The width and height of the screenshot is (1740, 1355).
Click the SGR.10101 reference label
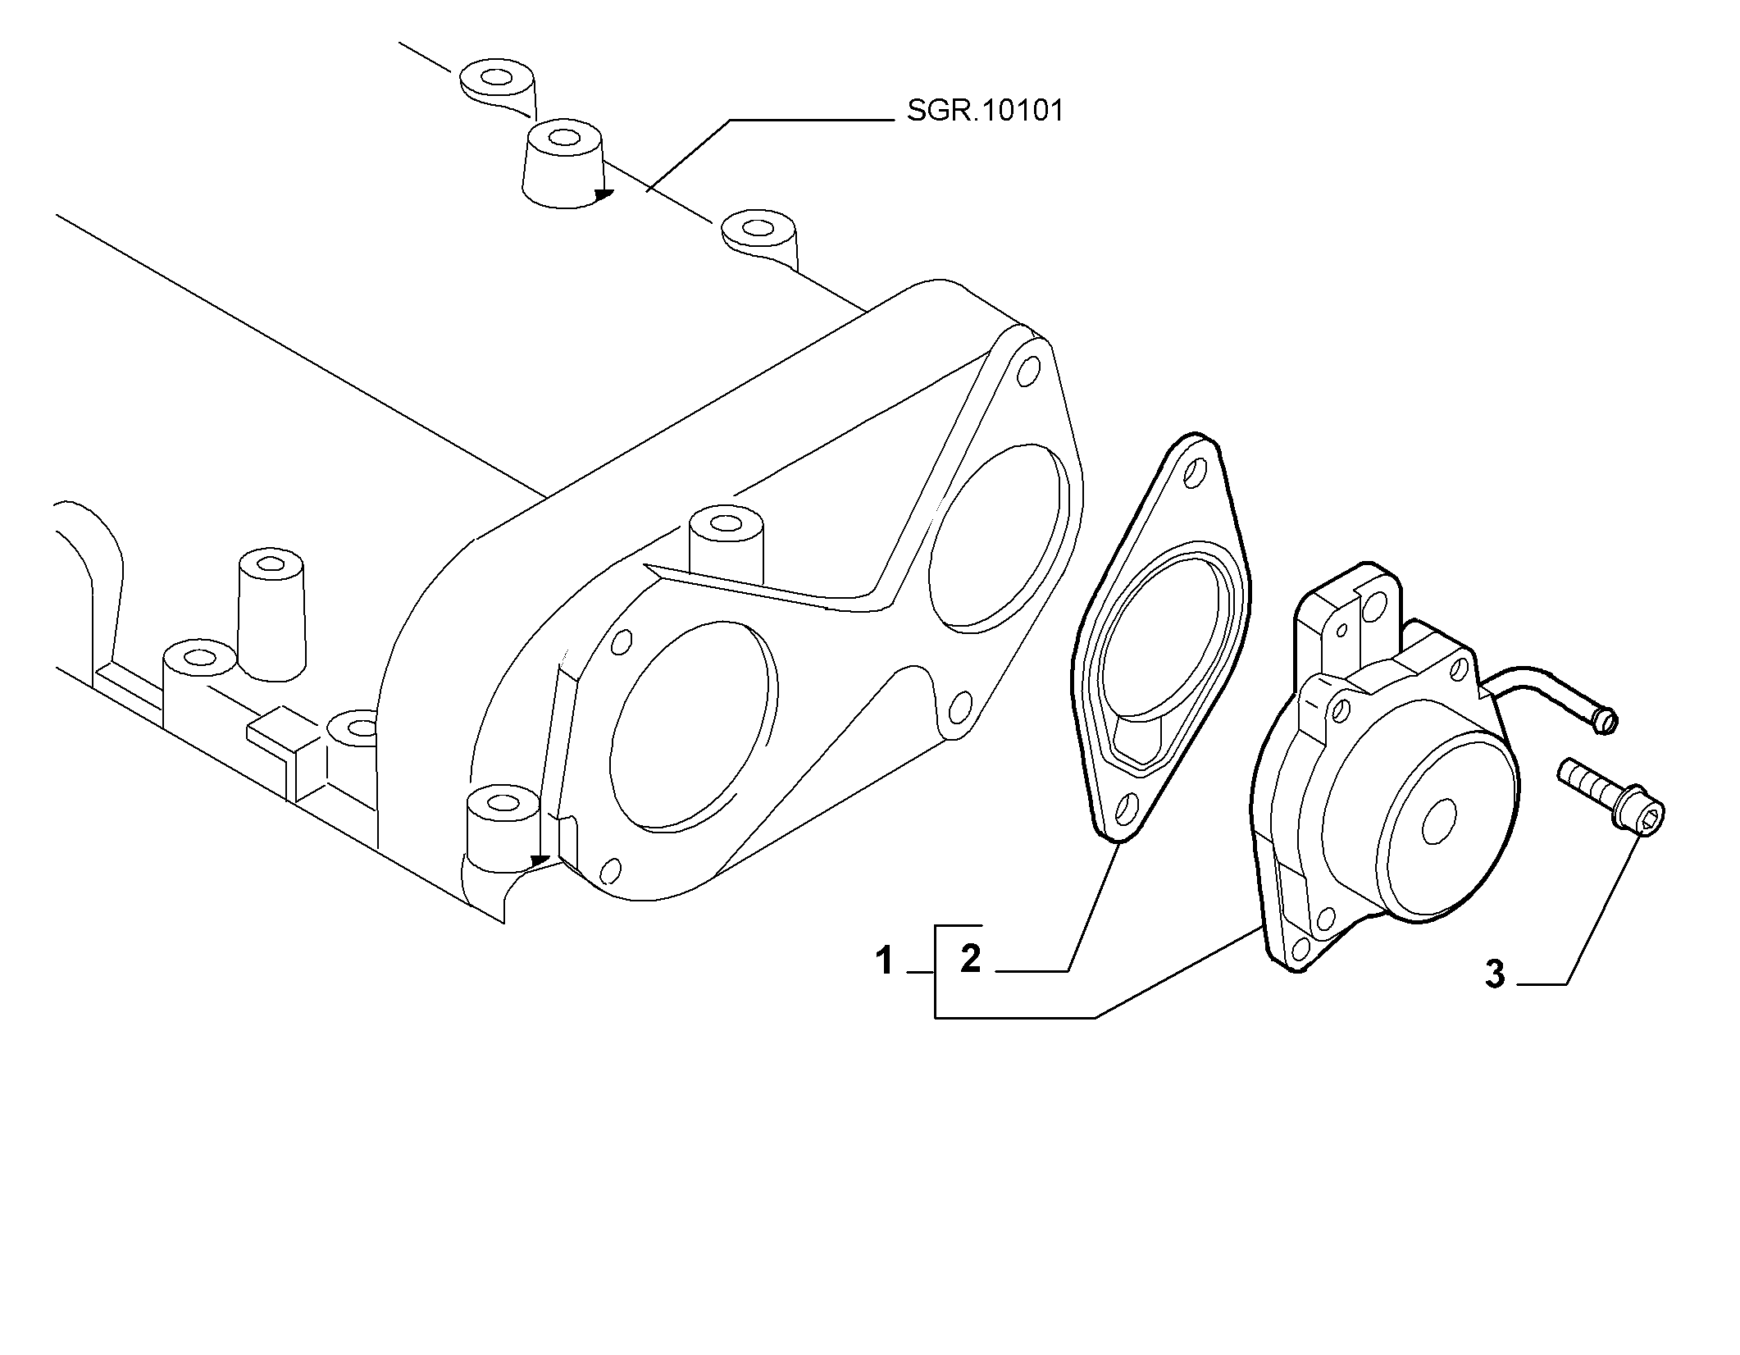[x=985, y=111]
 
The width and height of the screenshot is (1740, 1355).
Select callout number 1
[x=883, y=961]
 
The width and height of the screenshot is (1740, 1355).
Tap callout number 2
[x=970, y=958]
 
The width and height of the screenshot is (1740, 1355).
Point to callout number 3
[x=1495, y=974]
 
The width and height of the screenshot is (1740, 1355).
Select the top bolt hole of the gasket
[x=1196, y=472]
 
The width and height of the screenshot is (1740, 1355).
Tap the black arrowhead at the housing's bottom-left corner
[x=540, y=860]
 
